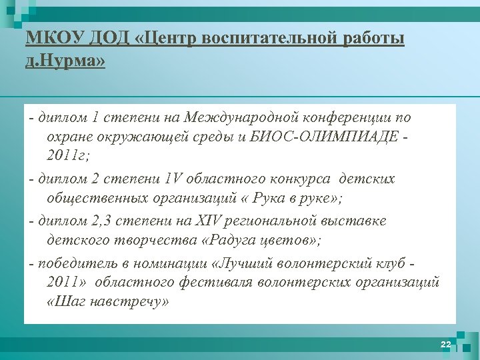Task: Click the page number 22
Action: tap(446, 344)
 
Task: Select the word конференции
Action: tap(345, 118)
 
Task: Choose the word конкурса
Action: tap(299, 179)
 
